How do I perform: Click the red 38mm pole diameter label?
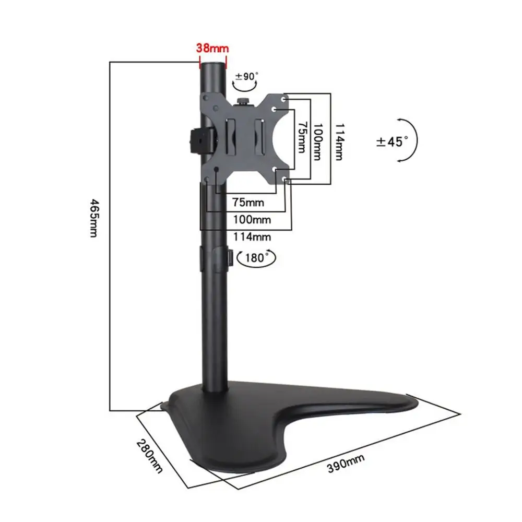(212, 48)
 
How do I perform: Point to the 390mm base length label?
(346, 463)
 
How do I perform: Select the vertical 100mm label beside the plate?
(319, 138)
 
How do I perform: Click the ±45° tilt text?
(393, 141)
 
